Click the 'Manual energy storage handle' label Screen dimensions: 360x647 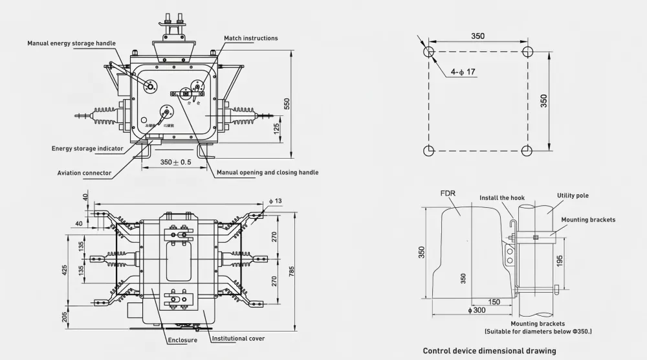[x=71, y=43]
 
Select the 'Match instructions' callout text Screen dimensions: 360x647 [x=251, y=38]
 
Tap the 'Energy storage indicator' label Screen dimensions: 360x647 [x=87, y=148]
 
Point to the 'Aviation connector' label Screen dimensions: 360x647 [x=84, y=173]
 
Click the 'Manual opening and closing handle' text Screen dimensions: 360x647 [x=267, y=173]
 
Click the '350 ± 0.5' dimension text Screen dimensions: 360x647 [x=176, y=162]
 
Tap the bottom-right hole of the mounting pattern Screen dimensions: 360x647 [x=527, y=151]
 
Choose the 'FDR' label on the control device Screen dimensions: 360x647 [x=449, y=194]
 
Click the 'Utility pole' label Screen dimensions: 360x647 [x=573, y=196]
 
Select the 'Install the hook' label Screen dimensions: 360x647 [x=502, y=197]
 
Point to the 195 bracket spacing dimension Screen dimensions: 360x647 [x=560, y=262]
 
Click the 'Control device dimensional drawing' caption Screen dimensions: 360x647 [x=489, y=351]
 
